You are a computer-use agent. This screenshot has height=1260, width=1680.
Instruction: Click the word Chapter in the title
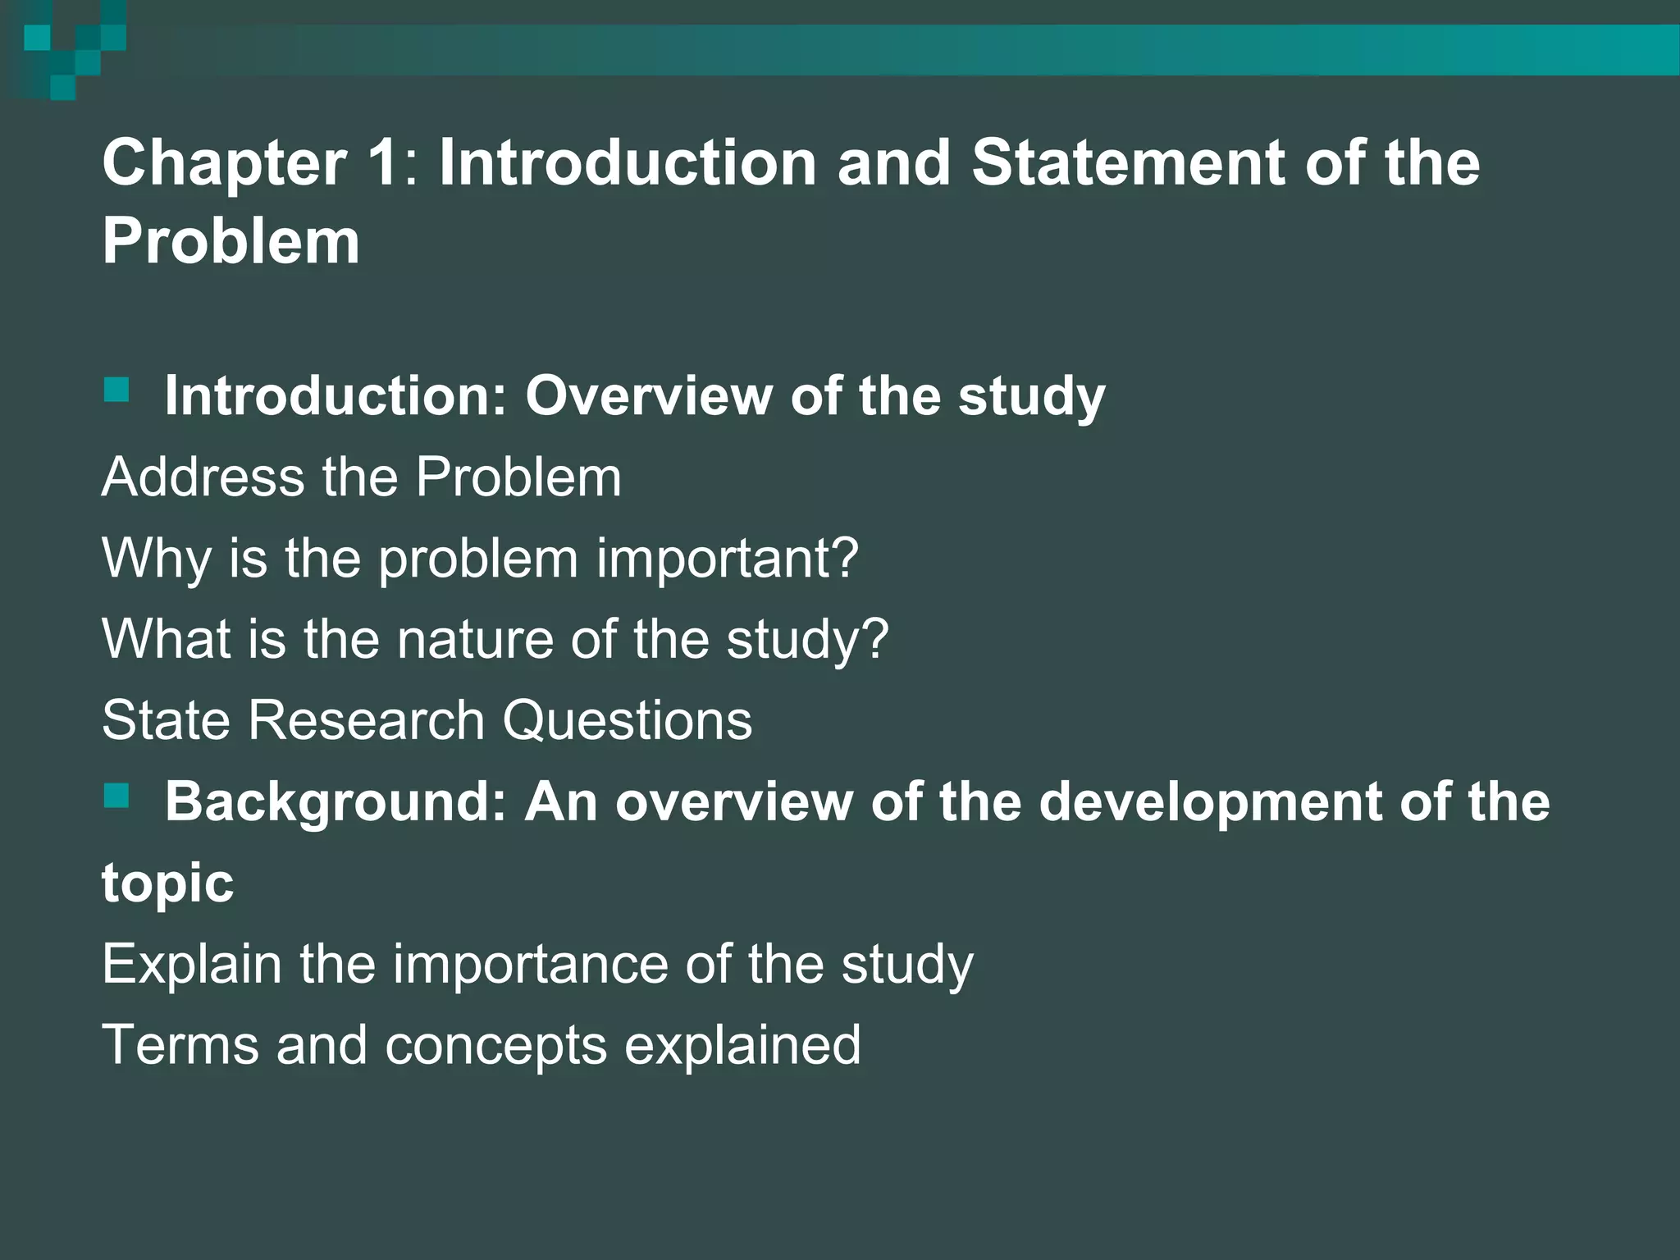[224, 163]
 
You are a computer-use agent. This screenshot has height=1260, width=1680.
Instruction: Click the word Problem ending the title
[231, 242]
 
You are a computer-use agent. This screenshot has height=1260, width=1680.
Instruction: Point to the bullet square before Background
[116, 795]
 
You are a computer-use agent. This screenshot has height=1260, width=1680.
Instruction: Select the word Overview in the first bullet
[648, 395]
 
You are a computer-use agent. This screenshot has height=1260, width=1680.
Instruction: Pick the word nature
[475, 639]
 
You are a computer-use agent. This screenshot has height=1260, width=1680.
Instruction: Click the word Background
[336, 801]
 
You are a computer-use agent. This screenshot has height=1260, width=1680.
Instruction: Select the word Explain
[191, 964]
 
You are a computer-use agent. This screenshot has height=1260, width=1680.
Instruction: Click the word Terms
[180, 1045]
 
